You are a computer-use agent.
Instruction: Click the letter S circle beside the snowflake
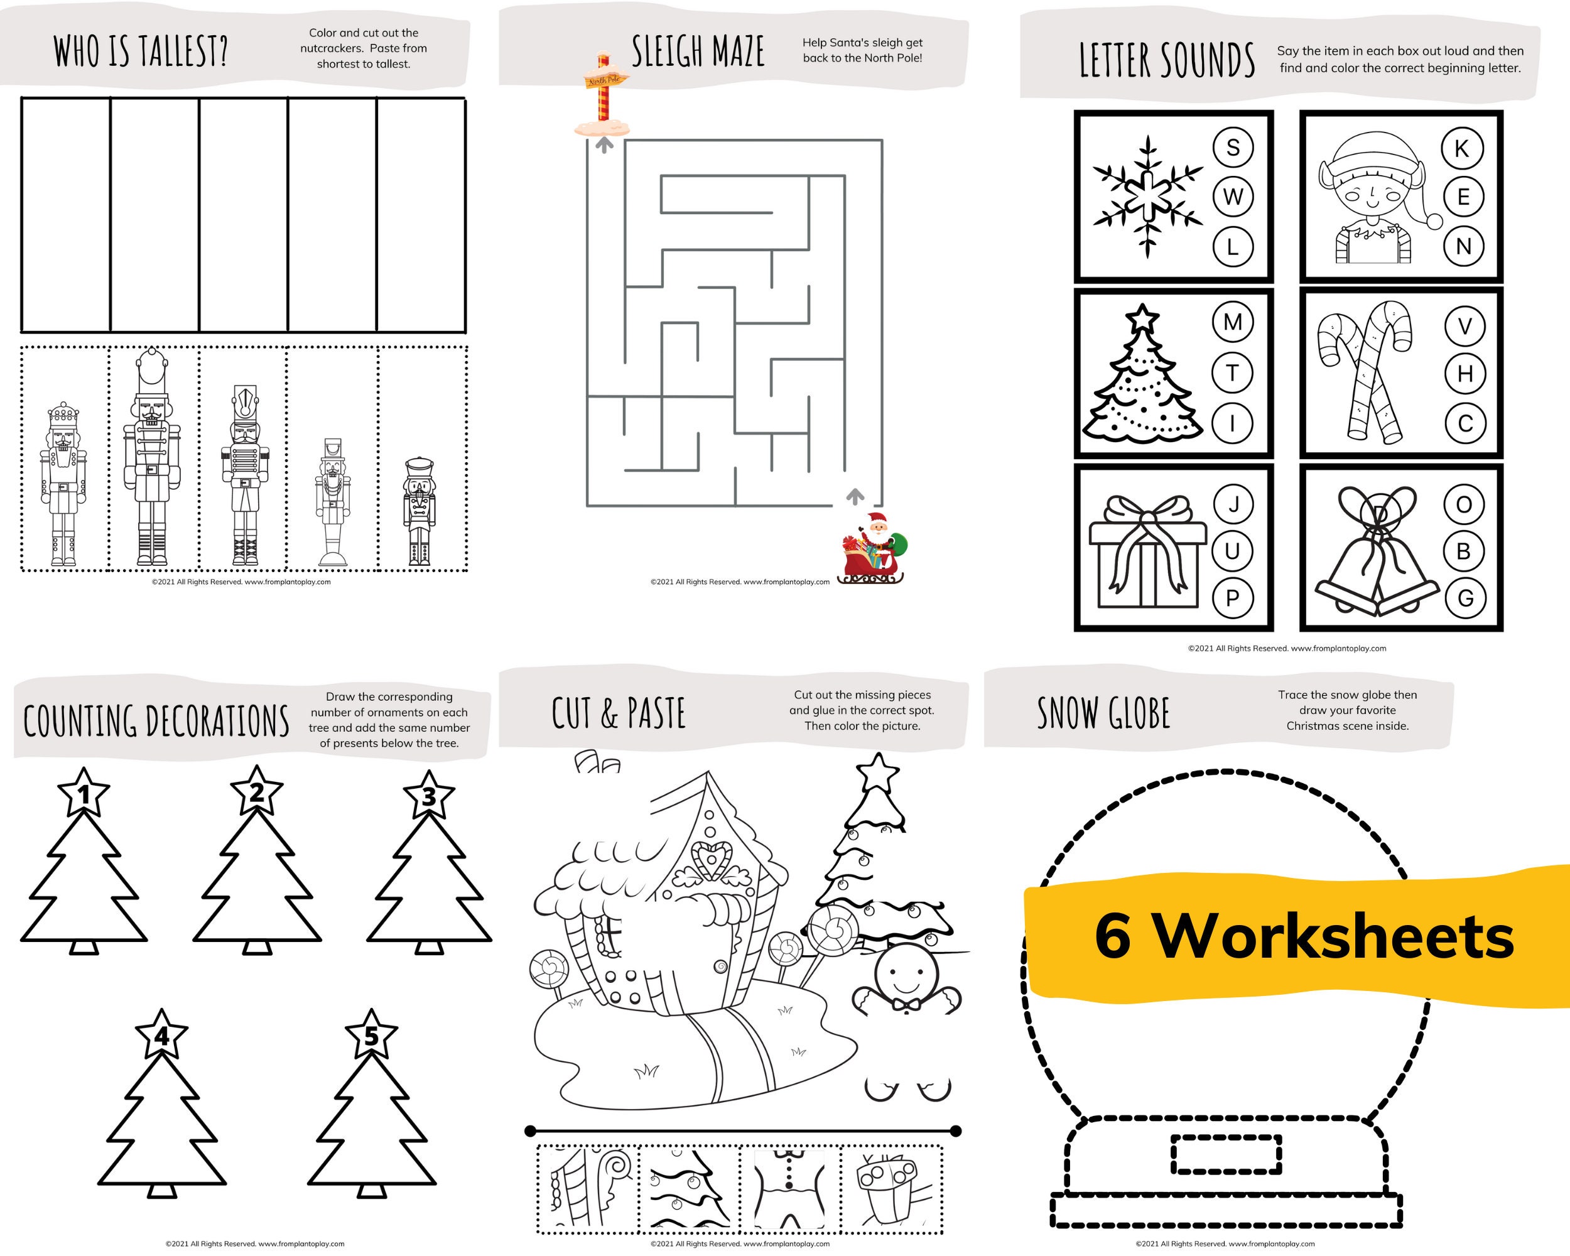click(x=1232, y=148)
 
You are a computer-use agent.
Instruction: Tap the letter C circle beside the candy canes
click(x=1464, y=423)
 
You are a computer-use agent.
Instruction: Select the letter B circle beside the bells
click(x=1463, y=551)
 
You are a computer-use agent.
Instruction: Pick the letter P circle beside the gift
click(x=1232, y=598)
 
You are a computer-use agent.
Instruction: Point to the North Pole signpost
click(x=602, y=95)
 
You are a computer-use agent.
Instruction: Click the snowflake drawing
click(x=1147, y=196)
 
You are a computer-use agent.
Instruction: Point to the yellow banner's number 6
click(x=1113, y=936)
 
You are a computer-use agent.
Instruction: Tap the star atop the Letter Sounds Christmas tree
click(x=1142, y=318)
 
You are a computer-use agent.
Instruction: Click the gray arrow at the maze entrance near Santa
click(x=855, y=496)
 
